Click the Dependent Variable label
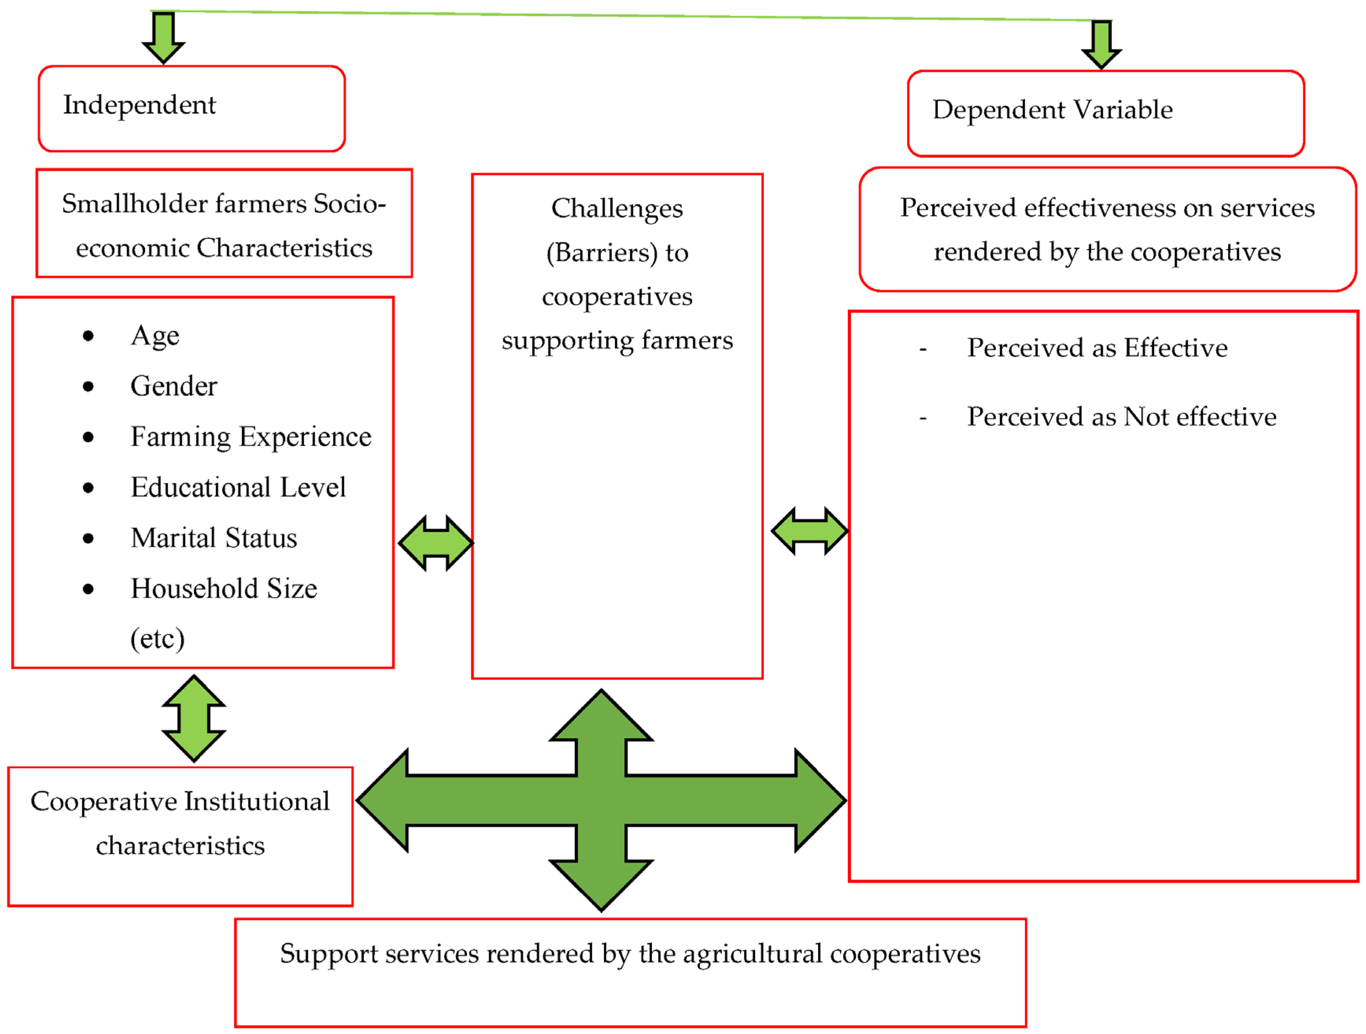(1052, 110)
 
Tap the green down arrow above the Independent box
(163, 37)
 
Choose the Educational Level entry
(238, 488)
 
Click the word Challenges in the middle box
(616, 209)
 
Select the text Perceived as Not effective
(1121, 417)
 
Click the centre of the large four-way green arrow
(601, 801)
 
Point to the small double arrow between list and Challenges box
(436, 543)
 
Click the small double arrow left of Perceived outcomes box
(810, 531)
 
